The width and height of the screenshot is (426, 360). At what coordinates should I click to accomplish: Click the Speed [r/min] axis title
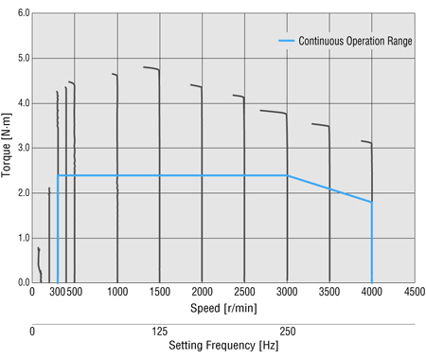(222, 307)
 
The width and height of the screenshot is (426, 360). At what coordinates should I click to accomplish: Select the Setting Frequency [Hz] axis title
(222, 346)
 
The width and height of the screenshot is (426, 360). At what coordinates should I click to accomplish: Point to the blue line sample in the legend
(286, 41)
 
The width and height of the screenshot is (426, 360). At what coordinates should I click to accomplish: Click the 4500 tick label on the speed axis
(414, 292)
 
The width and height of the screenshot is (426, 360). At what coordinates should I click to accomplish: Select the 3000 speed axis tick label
(287, 292)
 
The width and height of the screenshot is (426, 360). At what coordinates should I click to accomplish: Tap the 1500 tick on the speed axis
(160, 292)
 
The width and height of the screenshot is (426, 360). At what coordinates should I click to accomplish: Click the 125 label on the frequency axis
(160, 332)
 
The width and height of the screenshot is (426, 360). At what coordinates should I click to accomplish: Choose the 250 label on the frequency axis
(287, 332)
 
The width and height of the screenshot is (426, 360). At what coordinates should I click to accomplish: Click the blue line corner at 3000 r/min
(287, 175)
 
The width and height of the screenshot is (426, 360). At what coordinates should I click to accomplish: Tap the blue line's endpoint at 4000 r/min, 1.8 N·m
(372, 202)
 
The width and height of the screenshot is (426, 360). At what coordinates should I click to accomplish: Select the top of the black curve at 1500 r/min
(144, 67)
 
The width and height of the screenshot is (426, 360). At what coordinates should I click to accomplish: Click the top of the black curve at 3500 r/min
(312, 124)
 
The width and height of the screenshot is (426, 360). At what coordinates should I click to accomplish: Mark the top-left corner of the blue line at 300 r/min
(58, 175)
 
